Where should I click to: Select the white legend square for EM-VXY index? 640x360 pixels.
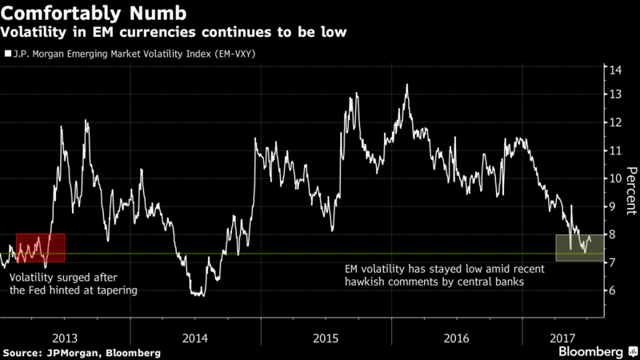tap(6, 54)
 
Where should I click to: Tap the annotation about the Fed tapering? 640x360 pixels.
tap(74, 284)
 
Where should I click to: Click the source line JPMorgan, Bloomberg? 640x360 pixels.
tap(82, 352)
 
